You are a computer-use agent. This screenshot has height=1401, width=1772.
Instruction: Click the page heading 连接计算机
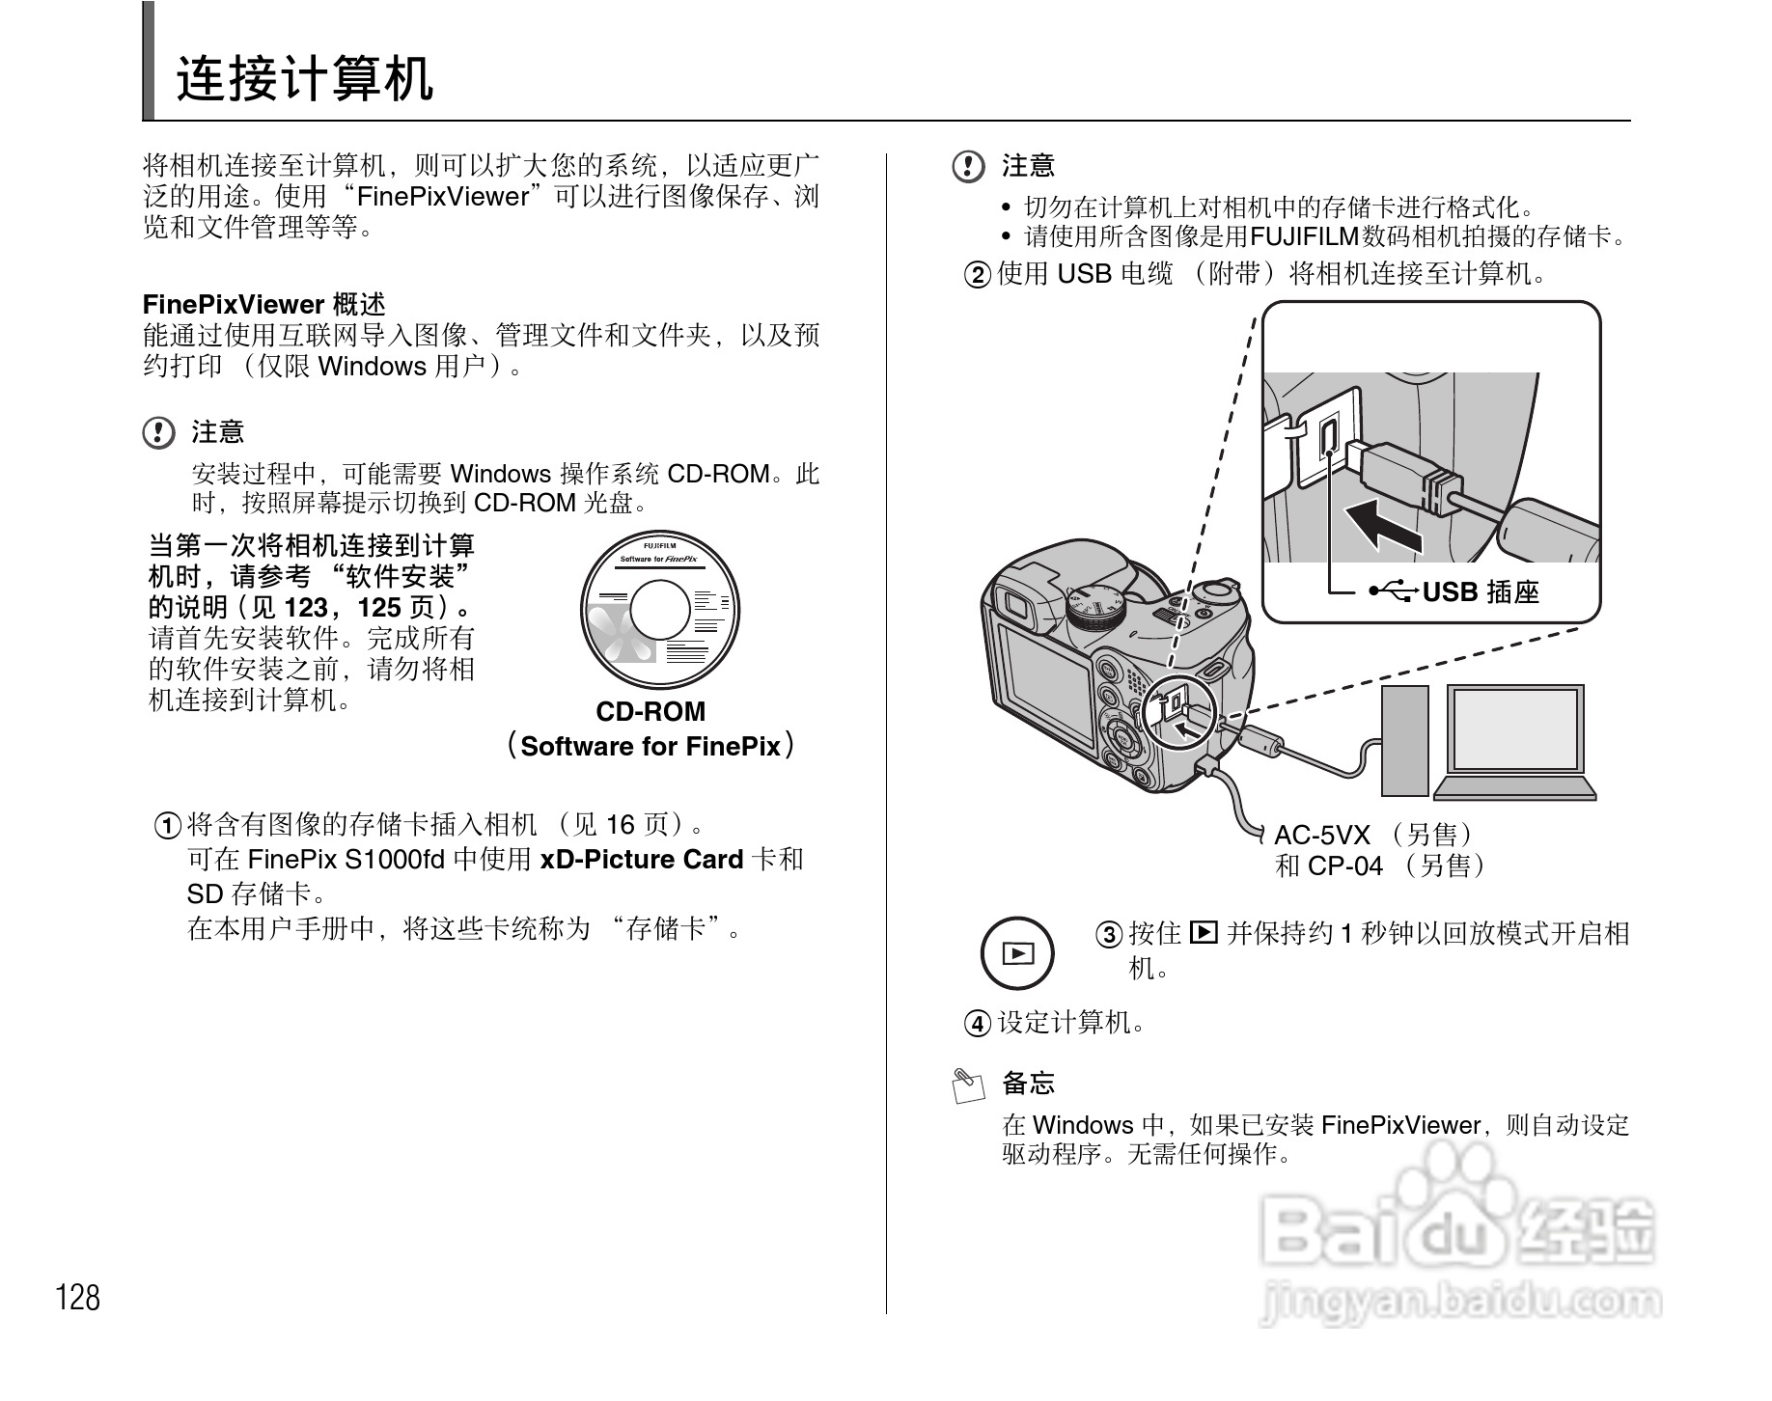[305, 79]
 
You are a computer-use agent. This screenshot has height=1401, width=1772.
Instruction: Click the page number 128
[78, 1297]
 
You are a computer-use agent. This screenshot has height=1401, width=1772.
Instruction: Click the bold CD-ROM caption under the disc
[651, 712]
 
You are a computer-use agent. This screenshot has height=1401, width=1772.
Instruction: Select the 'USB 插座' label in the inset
[1481, 591]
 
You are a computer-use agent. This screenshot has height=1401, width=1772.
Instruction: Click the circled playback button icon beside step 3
[1017, 953]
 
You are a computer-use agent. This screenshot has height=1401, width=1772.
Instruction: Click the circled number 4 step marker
[978, 1023]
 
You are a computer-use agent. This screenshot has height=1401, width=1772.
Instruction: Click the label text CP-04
[1345, 866]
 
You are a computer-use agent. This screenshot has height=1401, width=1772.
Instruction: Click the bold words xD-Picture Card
[641, 860]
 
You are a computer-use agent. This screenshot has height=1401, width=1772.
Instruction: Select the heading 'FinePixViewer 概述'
[263, 305]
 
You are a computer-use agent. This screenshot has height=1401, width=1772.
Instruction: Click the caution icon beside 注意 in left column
[158, 432]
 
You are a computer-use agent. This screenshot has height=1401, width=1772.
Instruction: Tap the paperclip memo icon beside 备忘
[968, 1085]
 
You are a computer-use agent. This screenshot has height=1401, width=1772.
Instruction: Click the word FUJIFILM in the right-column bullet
[1304, 236]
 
